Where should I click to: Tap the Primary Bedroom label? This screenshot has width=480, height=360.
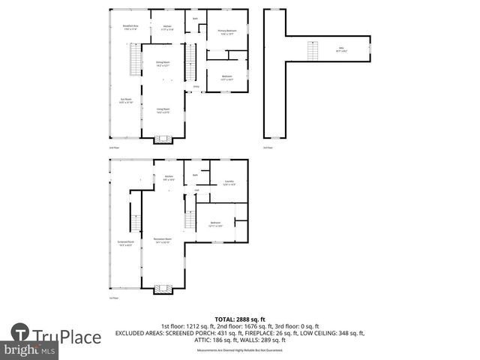226,32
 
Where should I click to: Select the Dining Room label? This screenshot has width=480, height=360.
163,64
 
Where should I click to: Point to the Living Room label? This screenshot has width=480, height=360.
163,112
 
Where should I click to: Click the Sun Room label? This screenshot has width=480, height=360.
127,102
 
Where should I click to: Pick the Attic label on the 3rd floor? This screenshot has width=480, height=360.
340,49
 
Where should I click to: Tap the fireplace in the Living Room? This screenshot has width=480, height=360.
163,138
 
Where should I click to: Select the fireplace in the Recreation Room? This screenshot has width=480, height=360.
163,289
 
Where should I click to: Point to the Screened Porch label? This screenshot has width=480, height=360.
125,243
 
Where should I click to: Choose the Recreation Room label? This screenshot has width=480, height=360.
163,242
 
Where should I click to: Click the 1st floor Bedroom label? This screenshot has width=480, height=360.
215,224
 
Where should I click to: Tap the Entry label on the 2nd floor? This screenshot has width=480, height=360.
196,87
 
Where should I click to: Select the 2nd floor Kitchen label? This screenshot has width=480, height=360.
168,28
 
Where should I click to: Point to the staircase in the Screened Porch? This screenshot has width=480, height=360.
136,223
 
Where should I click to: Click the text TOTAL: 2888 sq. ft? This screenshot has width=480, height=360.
239,319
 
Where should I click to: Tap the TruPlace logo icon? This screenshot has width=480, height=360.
20,333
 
